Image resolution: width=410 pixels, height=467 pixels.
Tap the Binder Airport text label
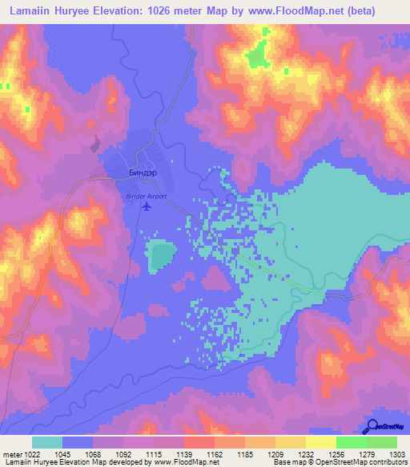[x=147, y=195]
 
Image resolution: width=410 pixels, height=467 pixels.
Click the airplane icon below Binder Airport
[x=147, y=207]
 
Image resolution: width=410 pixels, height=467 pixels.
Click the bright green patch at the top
[x=256, y=56]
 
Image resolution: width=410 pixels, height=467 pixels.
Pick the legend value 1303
[x=397, y=454]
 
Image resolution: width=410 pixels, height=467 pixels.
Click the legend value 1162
[x=214, y=454]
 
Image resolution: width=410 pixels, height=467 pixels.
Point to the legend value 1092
[x=123, y=454]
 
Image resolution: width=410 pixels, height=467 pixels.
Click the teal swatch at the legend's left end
[x=47, y=442]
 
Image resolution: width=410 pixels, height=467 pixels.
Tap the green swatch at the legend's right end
[x=382, y=442]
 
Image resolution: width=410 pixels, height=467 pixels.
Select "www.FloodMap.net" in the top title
[x=312, y=10]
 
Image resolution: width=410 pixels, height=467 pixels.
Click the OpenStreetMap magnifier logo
[x=374, y=426]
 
